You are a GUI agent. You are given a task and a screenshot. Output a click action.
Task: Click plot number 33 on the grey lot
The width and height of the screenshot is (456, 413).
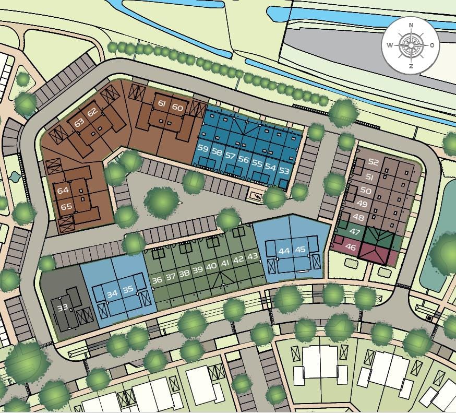pyautogui.click(x=63, y=308)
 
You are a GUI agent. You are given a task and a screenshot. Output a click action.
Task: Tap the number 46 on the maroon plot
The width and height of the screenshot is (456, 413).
pyautogui.click(x=351, y=247)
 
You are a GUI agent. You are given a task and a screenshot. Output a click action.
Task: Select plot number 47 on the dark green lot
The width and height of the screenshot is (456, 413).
pyautogui.click(x=355, y=231)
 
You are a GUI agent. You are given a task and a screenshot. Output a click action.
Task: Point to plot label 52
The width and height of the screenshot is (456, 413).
pyautogui.click(x=373, y=162)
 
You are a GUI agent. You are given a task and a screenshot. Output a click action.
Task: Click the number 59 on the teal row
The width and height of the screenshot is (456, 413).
pyautogui.click(x=203, y=149)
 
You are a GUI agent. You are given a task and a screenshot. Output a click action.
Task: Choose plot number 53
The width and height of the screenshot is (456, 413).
pyautogui.click(x=284, y=170)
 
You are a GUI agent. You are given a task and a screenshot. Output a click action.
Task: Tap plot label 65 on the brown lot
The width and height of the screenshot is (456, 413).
pyautogui.click(x=66, y=206)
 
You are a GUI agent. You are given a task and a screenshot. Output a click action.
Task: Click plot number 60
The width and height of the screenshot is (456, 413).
pyautogui.click(x=177, y=108)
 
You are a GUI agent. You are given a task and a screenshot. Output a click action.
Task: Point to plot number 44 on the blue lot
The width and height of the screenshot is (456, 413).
pyautogui.click(x=284, y=251)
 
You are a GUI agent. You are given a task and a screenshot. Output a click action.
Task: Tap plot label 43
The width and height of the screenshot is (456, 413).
pyautogui.click(x=253, y=256)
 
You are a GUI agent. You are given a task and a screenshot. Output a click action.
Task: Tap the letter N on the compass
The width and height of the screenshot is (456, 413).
pyautogui.click(x=411, y=25)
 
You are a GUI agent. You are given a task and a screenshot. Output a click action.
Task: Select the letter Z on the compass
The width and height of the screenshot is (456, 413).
pyautogui.click(x=411, y=66)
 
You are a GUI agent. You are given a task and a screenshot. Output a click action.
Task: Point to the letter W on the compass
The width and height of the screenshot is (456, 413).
pyautogui.click(x=390, y=45)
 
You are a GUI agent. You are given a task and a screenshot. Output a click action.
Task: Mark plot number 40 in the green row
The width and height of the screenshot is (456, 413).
pyautogui.click(x=211, y=266)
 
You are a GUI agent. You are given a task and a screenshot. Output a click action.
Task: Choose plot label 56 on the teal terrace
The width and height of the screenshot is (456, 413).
pyautogui.click(x=243, y=159)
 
